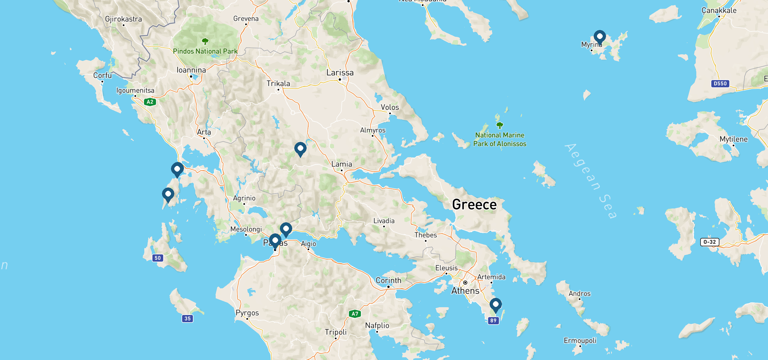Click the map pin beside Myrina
[x=599, y=37]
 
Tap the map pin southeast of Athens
[x=496, y=305]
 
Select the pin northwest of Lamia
[x=300, y=149]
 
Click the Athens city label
[x=465, y=291]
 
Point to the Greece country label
[x=474, y=205]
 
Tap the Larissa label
[x=340, y=73]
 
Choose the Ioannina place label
[x=191, y=70]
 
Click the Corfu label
[x=102, y=75]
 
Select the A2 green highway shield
[x=150, y=102]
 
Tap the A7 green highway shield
[x=355, y=314]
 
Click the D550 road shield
[x=720, y=84]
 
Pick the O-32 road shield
[x=709, y=242]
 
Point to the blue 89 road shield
[x=493, y=320]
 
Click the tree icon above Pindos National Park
[x=205, y=41]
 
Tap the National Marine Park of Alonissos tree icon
[x=499, y=125]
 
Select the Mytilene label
[x=733, y=139]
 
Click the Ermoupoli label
[x=580, y=340]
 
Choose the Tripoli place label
[x=336, y=332]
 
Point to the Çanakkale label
[x=719, y=10]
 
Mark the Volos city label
[x=390, y=107]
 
